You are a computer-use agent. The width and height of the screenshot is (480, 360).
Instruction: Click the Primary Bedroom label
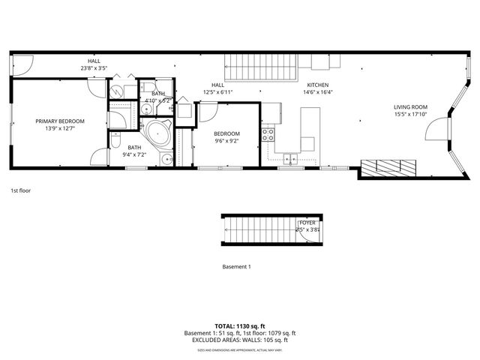coord(61,121)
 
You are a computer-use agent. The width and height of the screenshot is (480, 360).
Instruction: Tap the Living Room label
coord(410,107)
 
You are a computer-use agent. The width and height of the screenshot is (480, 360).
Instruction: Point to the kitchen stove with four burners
coord(268,135)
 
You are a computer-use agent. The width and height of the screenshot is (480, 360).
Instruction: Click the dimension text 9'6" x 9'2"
coord(226,140)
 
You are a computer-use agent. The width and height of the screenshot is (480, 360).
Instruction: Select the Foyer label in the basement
coord(307,223)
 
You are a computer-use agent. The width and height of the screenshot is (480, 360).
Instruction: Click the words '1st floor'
coord(20,190)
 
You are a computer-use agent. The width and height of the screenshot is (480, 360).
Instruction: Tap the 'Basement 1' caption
coord(236,267)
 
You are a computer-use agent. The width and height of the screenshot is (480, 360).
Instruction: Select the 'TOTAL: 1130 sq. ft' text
coord(240,325)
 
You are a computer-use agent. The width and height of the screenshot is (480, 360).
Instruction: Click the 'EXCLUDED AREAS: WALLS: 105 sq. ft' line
coord(240,340)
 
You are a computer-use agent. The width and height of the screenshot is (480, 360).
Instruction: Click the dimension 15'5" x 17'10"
coord(410,115)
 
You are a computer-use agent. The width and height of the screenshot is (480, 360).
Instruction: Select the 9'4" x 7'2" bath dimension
coord(134,155)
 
